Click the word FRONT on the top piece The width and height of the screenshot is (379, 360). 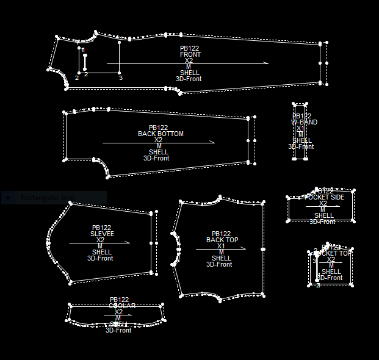point(190,54)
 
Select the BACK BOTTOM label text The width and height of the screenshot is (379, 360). point(161,134)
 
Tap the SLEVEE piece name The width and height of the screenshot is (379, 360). point(102,234)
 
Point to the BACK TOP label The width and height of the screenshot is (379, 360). point(222,240)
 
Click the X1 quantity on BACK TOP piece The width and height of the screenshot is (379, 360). point(221,246)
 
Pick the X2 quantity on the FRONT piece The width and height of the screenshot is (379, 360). point(189,60)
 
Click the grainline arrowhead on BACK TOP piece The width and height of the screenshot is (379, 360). point(244,248)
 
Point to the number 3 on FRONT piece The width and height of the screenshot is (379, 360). point(120,78)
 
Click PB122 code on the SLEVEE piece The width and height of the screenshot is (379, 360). point(101,228)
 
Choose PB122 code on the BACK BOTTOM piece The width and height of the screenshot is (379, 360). point(158,128)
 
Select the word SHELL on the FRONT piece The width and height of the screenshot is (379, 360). point(189,73)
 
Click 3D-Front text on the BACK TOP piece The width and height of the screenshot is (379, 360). point(219,264)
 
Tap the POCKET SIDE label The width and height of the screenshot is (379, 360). point(324,197)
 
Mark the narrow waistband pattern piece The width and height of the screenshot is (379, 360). point(300,131)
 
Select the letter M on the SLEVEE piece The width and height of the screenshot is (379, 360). point(101,246)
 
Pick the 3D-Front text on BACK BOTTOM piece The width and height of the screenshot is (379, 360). point(156,158)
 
